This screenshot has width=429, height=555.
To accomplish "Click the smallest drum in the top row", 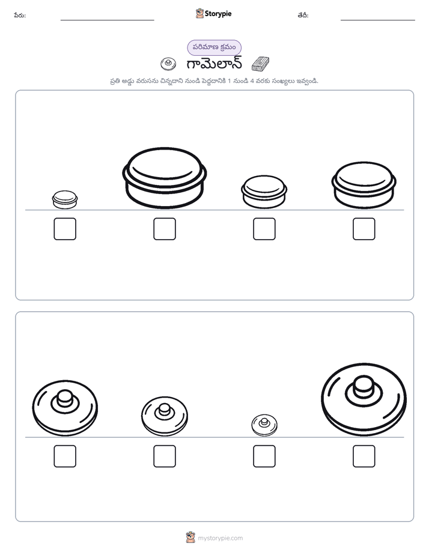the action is [65, 199].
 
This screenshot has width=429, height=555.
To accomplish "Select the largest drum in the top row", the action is [165, 178].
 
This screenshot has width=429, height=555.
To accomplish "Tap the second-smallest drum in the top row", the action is [264, 192].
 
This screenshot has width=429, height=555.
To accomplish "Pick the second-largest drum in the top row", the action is [364, 185].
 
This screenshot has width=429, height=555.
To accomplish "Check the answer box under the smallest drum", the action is [65, 229].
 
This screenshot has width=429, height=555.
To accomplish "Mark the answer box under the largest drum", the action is [165, 229].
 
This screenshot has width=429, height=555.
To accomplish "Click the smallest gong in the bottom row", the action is [264, 425].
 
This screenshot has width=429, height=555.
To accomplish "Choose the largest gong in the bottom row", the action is [364, 399].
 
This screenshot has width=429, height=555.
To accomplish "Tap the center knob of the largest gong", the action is [364, 387].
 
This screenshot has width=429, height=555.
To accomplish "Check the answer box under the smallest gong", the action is [264, 456].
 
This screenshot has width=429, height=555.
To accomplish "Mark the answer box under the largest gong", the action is [364, 456].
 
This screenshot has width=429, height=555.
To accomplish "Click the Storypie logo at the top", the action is [213, 13].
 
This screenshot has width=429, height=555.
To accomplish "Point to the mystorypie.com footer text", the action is [220, 538].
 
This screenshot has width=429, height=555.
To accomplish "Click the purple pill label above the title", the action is [214, 47].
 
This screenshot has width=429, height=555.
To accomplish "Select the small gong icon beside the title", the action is [168, 64].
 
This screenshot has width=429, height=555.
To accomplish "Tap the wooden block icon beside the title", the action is [260, 64].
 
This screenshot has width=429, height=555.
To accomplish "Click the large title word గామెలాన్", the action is [214, 64].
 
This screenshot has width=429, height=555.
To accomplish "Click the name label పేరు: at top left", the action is [20, 15].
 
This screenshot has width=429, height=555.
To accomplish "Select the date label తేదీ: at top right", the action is [303, 15].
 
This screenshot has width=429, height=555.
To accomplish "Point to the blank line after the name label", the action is [107, 20].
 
